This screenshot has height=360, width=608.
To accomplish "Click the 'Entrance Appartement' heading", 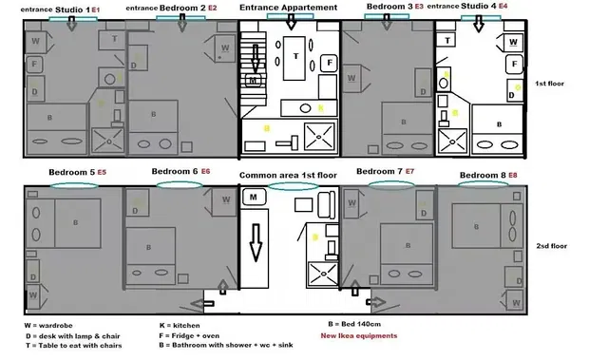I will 288,8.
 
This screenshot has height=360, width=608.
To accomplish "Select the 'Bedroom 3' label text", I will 389,7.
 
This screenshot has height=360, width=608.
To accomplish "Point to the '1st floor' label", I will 550,84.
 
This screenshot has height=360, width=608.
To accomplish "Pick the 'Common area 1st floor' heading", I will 288,176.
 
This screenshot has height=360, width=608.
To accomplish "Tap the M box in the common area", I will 255,198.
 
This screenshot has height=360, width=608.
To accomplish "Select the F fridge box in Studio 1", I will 35,65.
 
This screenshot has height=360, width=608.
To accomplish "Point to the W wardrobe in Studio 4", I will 513,43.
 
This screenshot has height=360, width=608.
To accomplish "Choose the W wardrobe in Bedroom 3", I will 354,43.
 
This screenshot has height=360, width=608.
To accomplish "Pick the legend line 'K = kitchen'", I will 187,325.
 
